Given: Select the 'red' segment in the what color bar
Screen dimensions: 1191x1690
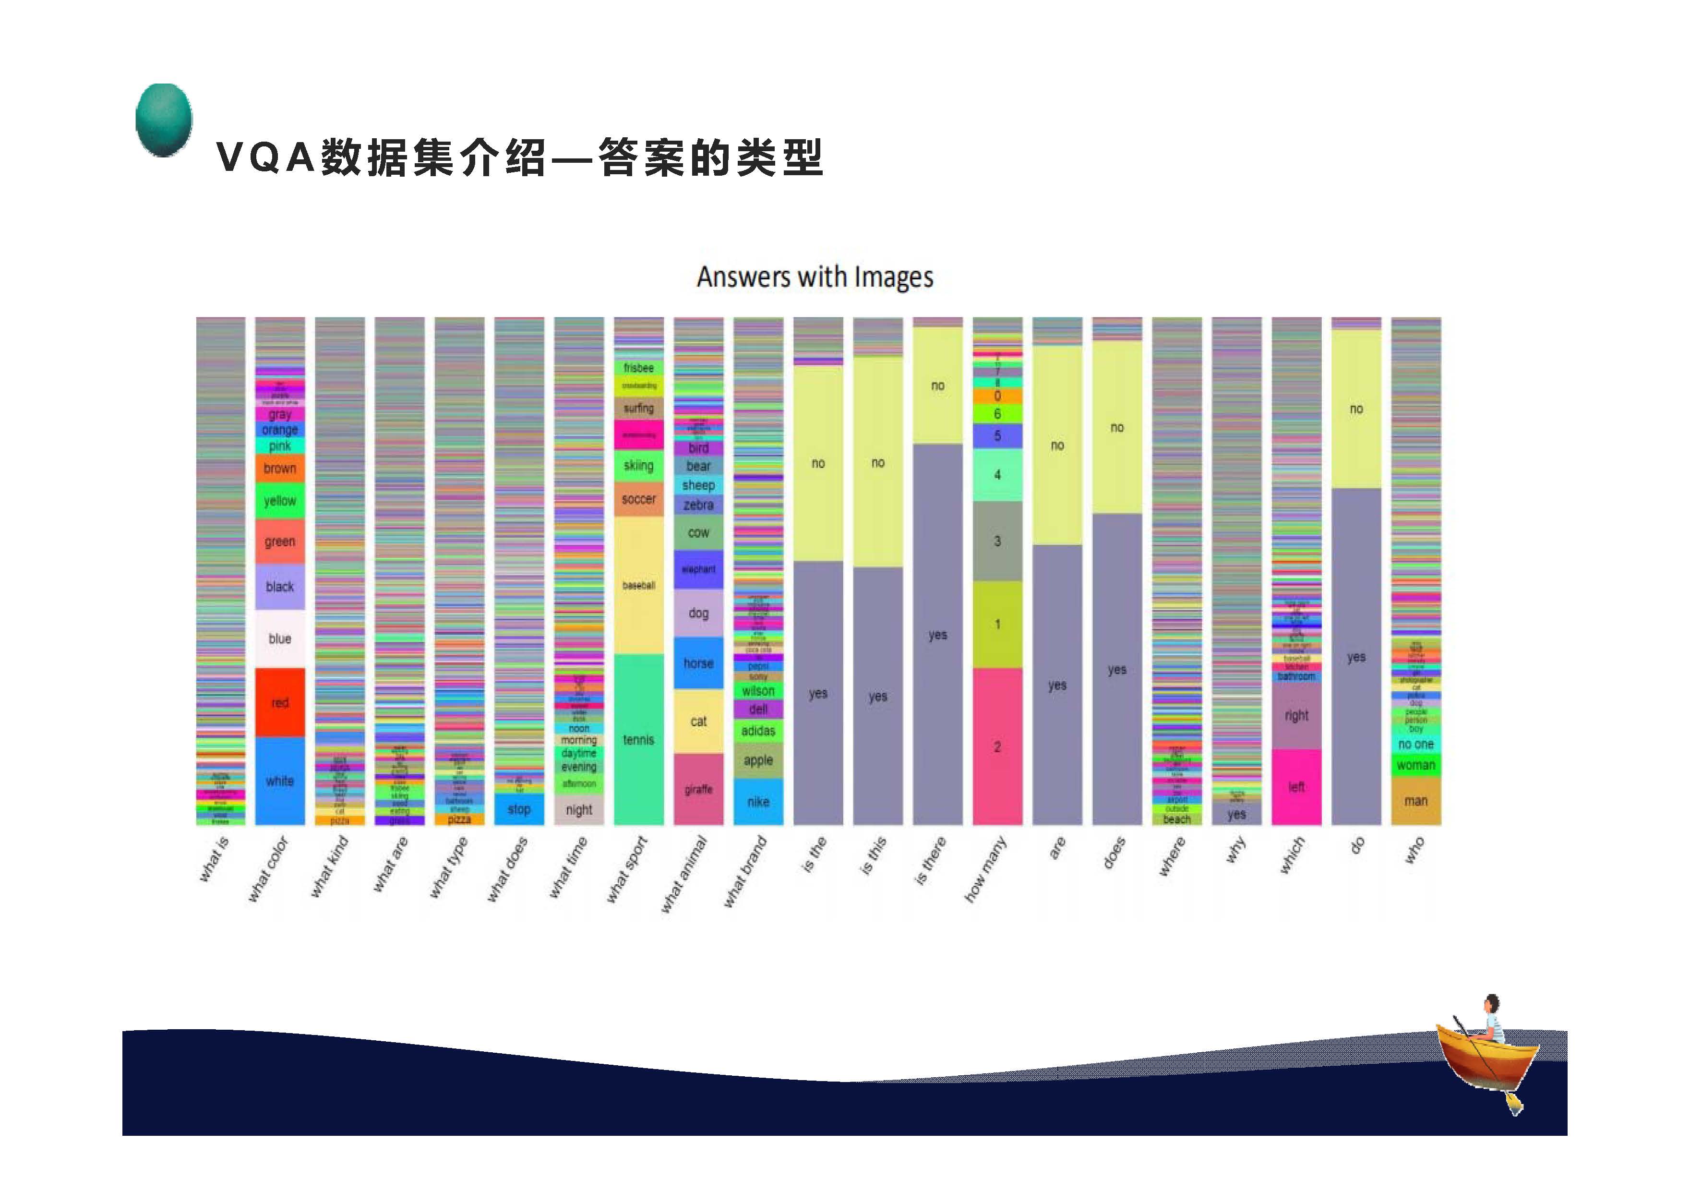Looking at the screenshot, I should click(280, 702).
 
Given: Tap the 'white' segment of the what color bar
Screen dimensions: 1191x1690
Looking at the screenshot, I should click(280, 780).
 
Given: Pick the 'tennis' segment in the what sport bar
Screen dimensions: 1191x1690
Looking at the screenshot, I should click(638, 739).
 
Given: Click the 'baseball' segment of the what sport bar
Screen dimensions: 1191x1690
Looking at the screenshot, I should click(638, 585).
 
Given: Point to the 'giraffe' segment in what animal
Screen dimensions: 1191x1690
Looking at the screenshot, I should click(698, 789).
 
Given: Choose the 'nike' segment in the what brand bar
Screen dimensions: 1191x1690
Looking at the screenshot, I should click(758, 802).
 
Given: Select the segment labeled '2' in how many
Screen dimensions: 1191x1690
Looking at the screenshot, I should click(997, 746).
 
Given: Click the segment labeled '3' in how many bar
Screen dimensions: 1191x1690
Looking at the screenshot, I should click(997, 541).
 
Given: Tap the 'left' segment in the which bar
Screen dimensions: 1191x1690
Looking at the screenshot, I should click(1296, 787).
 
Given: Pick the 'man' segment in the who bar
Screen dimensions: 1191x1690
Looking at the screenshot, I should click(1415, 801).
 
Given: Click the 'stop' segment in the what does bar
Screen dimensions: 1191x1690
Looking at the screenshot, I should click(519, 809).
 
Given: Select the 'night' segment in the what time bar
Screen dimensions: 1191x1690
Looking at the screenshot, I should click(578, 810).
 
